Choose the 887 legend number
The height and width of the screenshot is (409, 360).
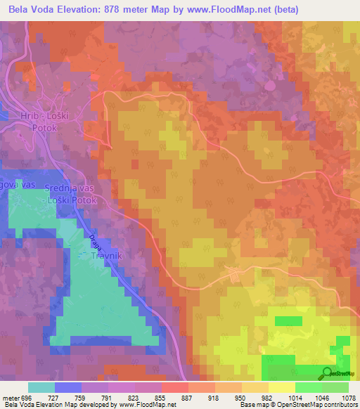coord(187,398)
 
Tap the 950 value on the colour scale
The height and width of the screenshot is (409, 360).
coord(241,398)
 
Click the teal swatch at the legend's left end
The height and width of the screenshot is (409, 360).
coord(41,387)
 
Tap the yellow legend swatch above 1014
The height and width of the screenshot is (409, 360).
coord(281,387)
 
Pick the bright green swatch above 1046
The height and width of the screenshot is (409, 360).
coord(308,387)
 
